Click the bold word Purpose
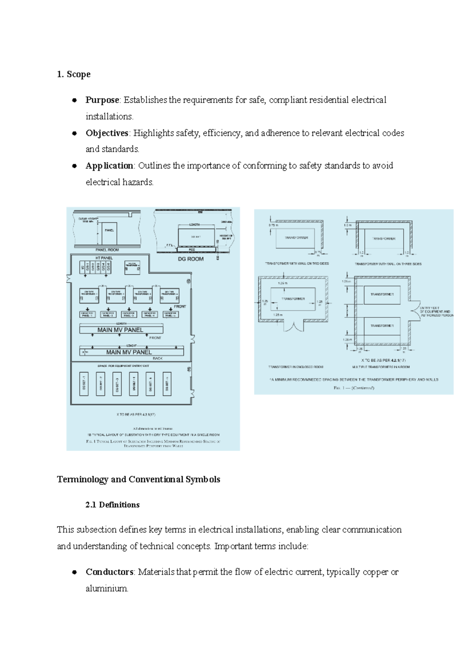point(102,100)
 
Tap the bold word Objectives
point(107,133)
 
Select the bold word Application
point(109,166)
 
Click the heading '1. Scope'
point(74,74)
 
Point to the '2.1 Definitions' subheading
point(112,505)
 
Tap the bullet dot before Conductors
point(74,572)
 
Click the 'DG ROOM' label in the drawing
point(191,259)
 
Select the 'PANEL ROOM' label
point(107,250)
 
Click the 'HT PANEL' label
point(104,258)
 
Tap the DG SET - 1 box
point(84,383)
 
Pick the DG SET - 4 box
point(134,383)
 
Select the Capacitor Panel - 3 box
point(129,314)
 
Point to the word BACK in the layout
point(158,358)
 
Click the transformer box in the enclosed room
point(293,299)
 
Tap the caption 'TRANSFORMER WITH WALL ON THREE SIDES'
point(388,264)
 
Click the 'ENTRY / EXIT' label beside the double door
point(430,308)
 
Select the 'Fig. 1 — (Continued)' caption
point(354,388)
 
